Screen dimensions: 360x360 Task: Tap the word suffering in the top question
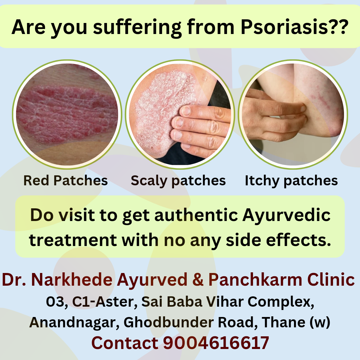point(137,28)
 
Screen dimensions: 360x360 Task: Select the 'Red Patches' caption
point(65,180)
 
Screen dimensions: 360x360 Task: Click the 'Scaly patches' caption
point(178,181)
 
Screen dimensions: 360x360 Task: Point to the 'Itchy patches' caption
point(291,181)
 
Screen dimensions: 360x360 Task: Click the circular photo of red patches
point(67,114)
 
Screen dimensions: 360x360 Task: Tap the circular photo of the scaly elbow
point(180,114)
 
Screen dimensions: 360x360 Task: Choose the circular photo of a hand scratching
point(293,114)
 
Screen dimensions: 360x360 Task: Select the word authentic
point(196,215)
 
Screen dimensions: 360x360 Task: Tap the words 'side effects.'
point(278,240)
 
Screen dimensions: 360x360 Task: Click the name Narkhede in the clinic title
point(71,280)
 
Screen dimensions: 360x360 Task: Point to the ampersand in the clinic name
point(198,280)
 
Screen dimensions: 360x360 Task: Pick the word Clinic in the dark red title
point(331,280)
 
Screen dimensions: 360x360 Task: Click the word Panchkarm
point(255,280)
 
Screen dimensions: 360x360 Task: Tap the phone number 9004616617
point(216,343)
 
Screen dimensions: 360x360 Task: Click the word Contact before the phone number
point(125,343)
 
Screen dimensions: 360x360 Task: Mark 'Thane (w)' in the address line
point(296,322)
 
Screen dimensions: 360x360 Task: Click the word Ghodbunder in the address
point(169,322)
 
